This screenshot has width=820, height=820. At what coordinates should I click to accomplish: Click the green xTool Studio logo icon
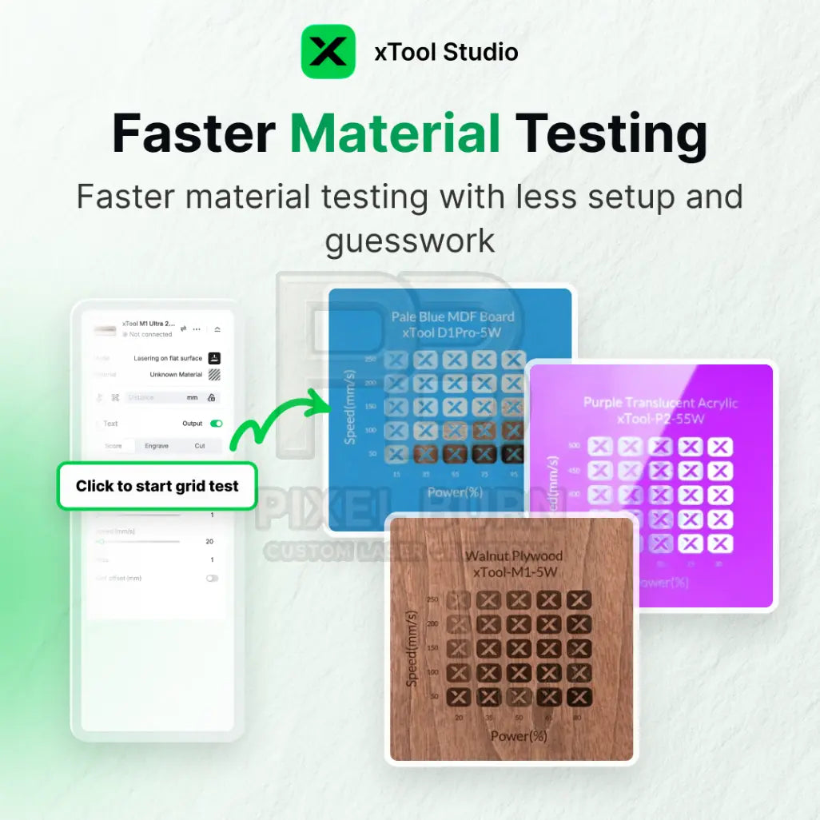(328, 52)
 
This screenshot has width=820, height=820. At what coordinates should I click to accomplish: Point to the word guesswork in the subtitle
(409, 240)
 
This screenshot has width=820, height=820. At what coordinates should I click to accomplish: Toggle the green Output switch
(216, 424)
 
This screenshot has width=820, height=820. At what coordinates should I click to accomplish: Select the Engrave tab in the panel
(157, 446)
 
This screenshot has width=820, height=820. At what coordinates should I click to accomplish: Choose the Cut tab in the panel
(200, 446)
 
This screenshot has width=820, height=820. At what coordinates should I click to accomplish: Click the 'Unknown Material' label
(176, 374)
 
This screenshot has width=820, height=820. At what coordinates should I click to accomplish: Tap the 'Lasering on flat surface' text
(168, 358)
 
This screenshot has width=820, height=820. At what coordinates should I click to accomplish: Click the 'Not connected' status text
(150, 334)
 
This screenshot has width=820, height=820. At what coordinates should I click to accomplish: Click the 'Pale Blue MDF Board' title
(452, 316)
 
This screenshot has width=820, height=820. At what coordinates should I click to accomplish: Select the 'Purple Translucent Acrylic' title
(660, 403)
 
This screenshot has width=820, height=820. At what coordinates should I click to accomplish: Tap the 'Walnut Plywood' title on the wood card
(514, 555)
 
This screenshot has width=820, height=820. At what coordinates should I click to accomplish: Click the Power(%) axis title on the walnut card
(518, 736)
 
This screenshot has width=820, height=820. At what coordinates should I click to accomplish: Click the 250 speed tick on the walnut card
(432, 599)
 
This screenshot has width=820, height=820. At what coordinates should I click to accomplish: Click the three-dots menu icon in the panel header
(197, 328)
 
